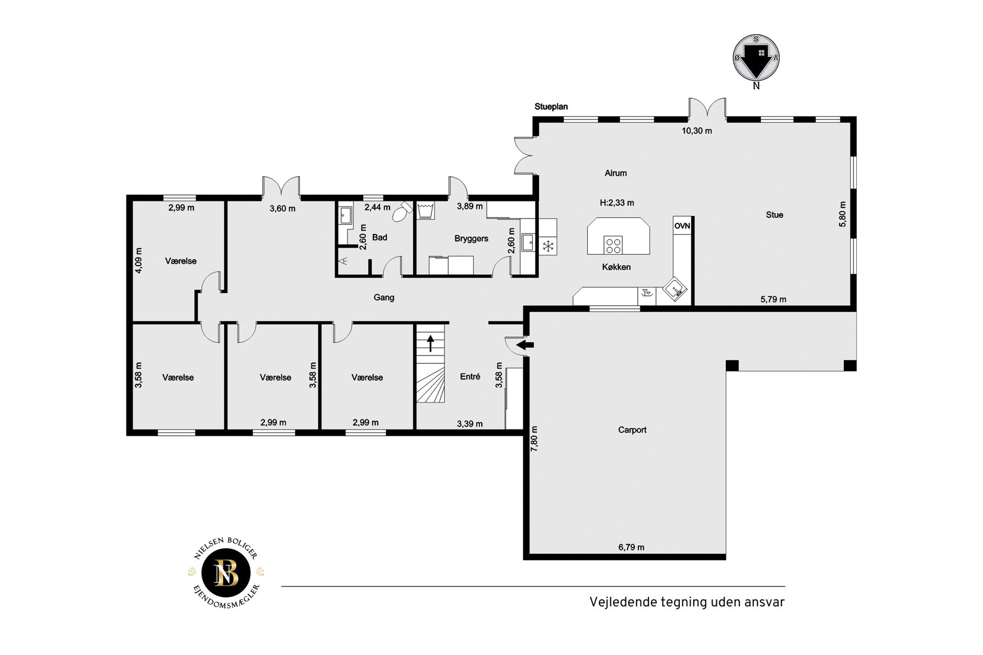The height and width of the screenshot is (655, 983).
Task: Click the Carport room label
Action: (x=632, y=430)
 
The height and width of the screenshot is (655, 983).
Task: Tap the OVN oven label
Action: (x=682, y=226)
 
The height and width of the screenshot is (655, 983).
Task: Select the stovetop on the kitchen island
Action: (x=613, y=245)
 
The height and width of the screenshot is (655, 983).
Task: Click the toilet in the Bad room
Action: (x=402, y=212)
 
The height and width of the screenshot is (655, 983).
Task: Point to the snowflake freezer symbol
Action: (x=548, y=246)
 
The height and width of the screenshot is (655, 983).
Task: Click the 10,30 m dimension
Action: (x=697, y=131)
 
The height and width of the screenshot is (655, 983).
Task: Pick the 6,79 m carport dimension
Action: (x=631, y=547)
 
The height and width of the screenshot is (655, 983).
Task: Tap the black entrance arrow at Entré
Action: (x=525, y=345)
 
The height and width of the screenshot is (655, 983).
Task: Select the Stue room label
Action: (x=774, y=214)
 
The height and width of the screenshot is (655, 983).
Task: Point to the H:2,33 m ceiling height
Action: (x=616, y=203)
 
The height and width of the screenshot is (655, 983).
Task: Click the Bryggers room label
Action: (x=471, y=239)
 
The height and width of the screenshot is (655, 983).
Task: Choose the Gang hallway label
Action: (x=384, y=297)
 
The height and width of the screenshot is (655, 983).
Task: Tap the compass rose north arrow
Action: (x=756, y=61)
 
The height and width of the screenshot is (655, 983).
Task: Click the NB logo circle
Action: (x=226, y=573)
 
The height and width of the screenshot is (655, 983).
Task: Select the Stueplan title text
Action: (x=551, y=107)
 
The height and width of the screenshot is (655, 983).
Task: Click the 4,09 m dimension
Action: (x=139, y=260)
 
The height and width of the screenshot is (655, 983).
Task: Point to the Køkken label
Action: (x=616, y=267)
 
